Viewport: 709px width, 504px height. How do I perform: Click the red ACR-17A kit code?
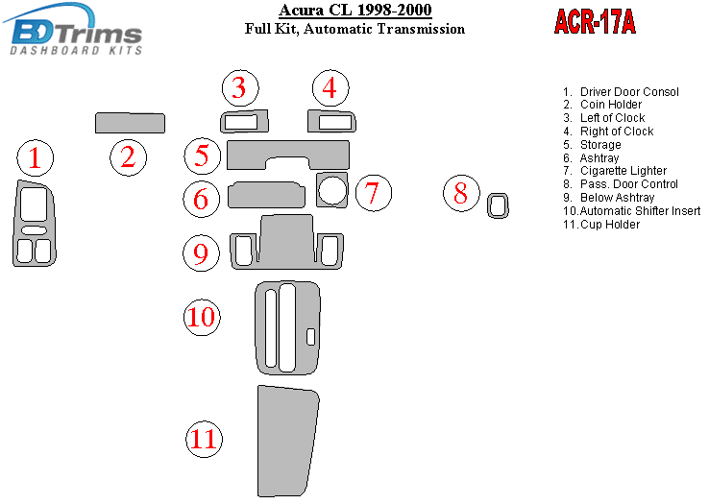(595, 22)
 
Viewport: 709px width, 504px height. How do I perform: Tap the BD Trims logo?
(73, 30)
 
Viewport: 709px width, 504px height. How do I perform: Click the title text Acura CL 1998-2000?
(354, 10)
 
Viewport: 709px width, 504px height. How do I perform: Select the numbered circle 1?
(36, 158)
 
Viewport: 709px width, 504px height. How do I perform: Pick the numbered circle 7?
(373, 193)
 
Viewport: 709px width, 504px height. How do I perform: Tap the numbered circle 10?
(202, 318)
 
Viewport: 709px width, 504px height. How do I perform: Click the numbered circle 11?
(204, 439)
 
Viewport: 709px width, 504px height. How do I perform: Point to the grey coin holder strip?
(131, 123)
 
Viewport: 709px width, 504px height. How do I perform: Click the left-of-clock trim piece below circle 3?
(244, 121)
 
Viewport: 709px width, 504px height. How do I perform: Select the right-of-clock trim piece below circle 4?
(331, 121)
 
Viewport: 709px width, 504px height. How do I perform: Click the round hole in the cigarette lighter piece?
(332, 190)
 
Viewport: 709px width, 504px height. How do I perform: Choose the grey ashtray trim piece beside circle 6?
(266, 195)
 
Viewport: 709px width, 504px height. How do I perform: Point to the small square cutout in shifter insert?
(310, 337)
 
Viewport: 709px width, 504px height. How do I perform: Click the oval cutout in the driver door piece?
(34, 230)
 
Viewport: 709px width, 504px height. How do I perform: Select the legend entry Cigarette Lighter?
(623, 171)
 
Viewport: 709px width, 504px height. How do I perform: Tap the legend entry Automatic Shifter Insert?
(640, 211)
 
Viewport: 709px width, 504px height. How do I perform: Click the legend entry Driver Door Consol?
(629, 92)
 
